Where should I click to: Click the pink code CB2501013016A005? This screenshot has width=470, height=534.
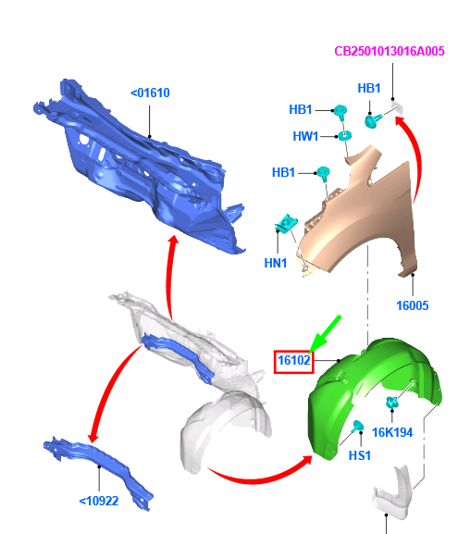(390, 51)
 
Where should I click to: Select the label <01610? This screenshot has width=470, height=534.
(150, 93)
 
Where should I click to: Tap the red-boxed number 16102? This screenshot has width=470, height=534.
(294, 360)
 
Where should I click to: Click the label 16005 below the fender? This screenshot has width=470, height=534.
(413, 305)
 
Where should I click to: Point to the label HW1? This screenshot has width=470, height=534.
(305, 137)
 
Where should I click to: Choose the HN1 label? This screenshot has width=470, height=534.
(276, 263)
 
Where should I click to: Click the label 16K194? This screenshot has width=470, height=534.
(392, 432)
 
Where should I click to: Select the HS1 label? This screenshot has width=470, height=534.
(359, 455)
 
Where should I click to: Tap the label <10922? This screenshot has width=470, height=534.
(99, 501)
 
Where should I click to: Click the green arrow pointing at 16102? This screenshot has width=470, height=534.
(325, 334)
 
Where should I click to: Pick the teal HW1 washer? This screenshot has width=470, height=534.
(344, 136)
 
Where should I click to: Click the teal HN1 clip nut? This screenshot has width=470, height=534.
(286, 223)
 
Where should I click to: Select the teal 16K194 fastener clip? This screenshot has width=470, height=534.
(392, 403)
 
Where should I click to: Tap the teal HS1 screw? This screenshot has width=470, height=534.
(358, 426)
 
